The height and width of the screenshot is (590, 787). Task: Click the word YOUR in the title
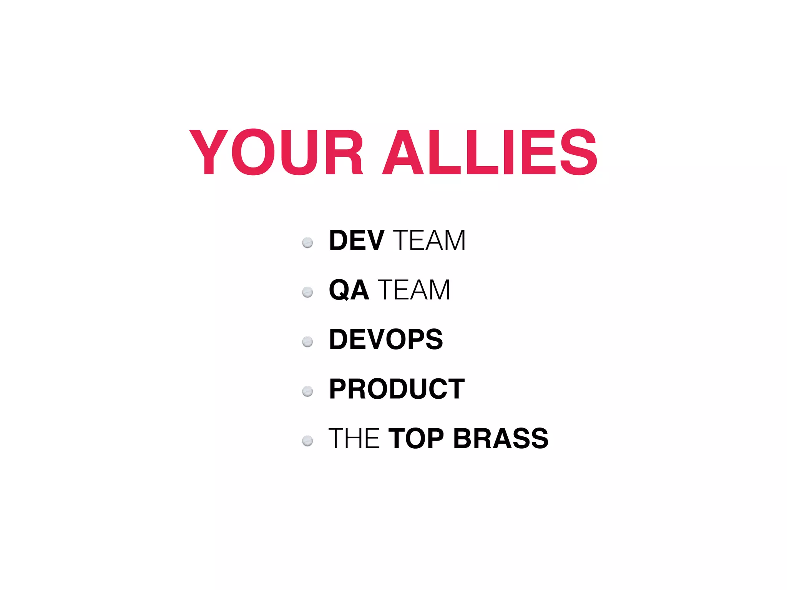coord(276,152)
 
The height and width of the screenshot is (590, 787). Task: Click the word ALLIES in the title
coord(490,152)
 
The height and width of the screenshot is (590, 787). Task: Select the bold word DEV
coord(356,241)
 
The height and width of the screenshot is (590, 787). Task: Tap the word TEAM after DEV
coord(429,241)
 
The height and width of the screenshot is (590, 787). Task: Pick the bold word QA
coord(349,290)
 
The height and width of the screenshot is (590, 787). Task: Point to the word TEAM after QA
coord(414,290)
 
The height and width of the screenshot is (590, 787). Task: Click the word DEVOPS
coord(386,340)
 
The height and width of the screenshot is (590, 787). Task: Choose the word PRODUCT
coord(397,389)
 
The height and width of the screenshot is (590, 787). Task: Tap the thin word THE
coord(354,439)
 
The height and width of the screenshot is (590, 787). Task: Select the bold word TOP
coord(416,439)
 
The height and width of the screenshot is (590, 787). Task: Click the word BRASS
coord(501,439)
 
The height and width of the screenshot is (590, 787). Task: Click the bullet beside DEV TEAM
coord(307,243)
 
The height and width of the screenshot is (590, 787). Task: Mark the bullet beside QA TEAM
coord(307,292)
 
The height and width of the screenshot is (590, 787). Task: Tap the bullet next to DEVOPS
coord(307,341)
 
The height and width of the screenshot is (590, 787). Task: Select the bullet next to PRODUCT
coord(307,391)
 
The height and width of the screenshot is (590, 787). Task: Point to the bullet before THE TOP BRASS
coord(307,441)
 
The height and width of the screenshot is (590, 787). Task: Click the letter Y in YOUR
coord(209,152)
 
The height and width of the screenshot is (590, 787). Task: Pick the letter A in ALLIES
coord(407,152)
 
